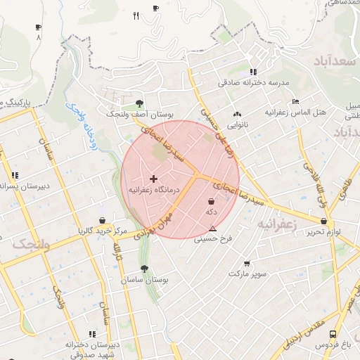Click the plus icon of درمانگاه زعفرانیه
pos(154,179)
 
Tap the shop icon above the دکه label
pos(211,201)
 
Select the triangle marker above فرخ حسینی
pos(212,228)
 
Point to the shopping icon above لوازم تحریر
pos(323,221)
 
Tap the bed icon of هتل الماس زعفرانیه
pos(295,101)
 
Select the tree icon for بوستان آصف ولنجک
pos(139,102)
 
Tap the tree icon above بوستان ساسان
pos(144,269)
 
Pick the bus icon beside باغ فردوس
pos(332,334)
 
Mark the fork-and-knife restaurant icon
pos(136,15)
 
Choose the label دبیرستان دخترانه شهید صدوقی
pos(89,349)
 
